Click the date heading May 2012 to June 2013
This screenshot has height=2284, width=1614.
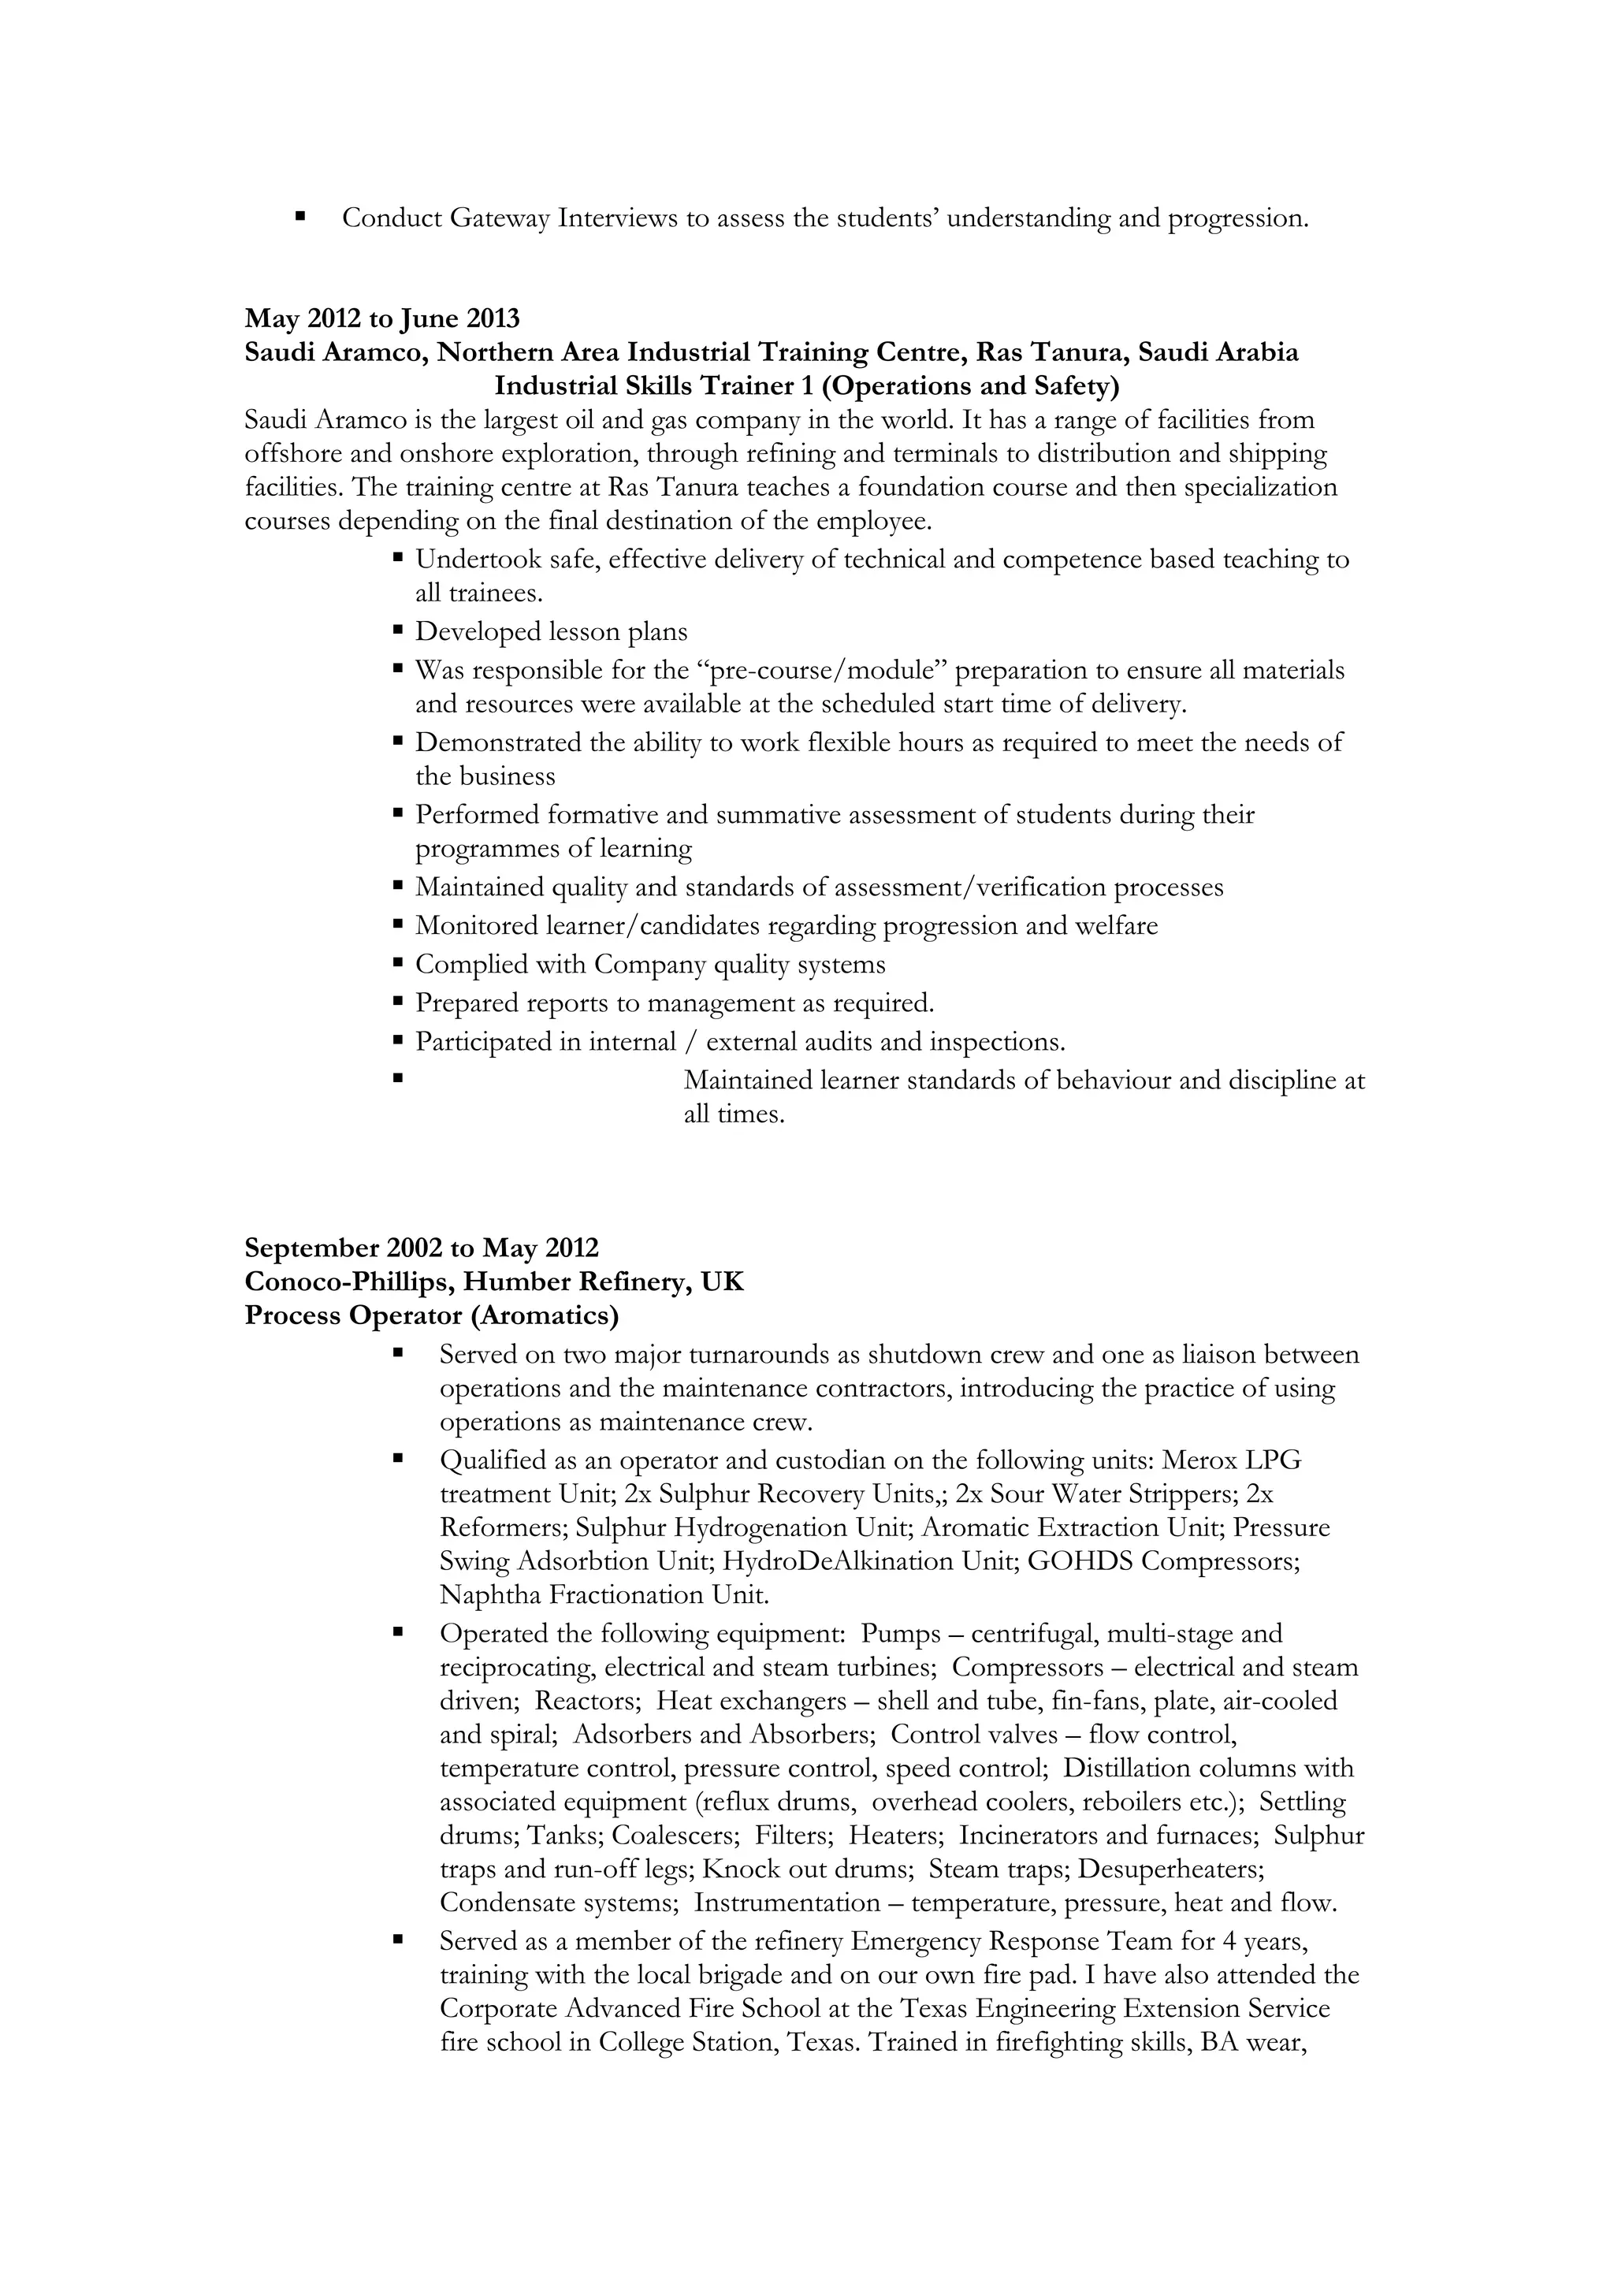pyautogui.click(x=382, y=318)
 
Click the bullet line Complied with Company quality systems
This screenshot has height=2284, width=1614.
pyautogui.click(x=649, y=964)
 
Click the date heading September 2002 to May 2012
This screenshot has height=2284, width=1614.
pyautogui.click(x=422, y=1248)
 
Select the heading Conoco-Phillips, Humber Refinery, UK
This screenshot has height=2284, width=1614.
pyautogui.click(x=494, y=1281)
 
